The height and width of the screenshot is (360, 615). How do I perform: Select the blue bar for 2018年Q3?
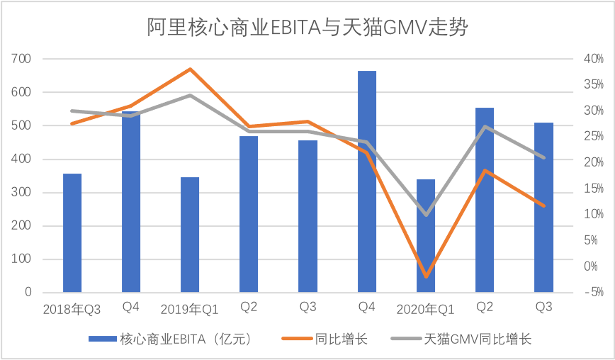pyautogui.click(x=72, y=233)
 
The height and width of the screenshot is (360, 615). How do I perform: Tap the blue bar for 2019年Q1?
pyautogui.click(x=190, y=235)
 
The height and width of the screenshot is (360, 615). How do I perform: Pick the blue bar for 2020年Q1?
pyautogui.click(x=425, y=236)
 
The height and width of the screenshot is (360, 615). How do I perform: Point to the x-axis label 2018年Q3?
pyautogui.click(x=72, y=309)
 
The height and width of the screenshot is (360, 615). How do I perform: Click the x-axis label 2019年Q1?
pyautogui.click(x=189, y=309)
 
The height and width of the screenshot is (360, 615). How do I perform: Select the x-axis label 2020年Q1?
pyautogui.click(x=424, y=309)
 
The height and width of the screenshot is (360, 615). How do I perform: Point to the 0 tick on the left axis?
pyautogui.click(x=29, y=292)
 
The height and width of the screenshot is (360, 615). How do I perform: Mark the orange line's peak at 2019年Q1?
pyautogui.click(x=190, y=69)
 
